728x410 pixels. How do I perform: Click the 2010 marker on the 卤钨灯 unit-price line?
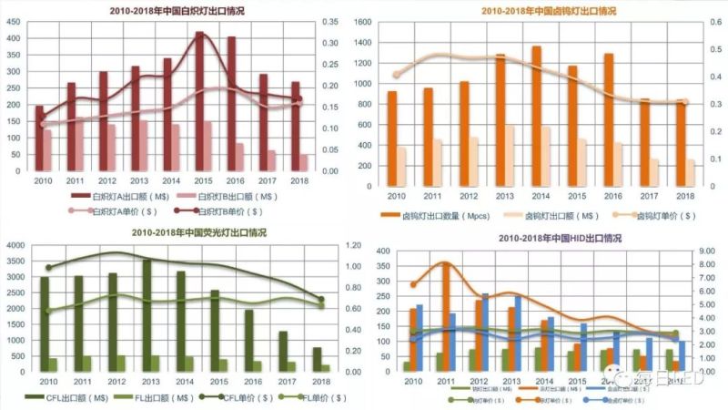396,75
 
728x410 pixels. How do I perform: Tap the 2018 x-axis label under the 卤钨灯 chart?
684,195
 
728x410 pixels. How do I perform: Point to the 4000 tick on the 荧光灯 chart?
15,245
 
